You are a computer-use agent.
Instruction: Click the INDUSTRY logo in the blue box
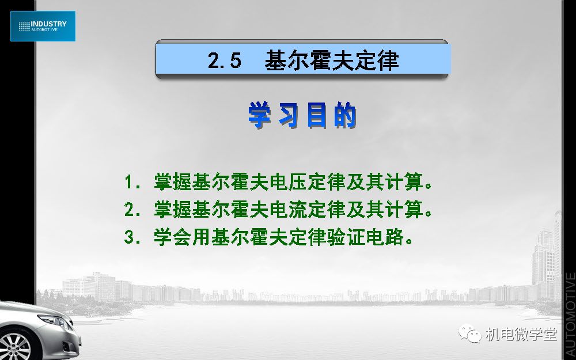tap(43, 26)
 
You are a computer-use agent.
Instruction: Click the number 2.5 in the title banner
tap(225, 60)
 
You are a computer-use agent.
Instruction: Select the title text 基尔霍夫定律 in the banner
tap(332, 60)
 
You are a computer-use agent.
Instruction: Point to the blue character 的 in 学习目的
tap(345, 115)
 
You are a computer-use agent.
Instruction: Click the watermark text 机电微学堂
tap(521, 334)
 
